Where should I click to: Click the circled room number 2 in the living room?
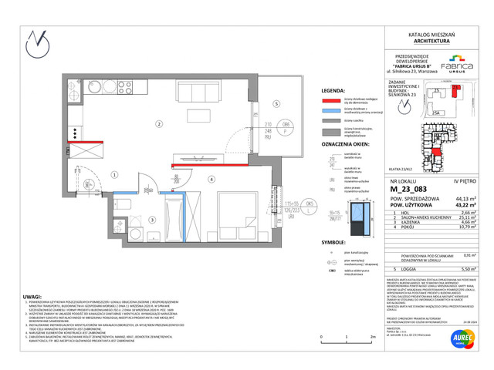(x=158, y=124)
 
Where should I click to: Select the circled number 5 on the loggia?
(x=273, y=103)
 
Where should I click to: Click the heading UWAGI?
(x=32, y=286)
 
